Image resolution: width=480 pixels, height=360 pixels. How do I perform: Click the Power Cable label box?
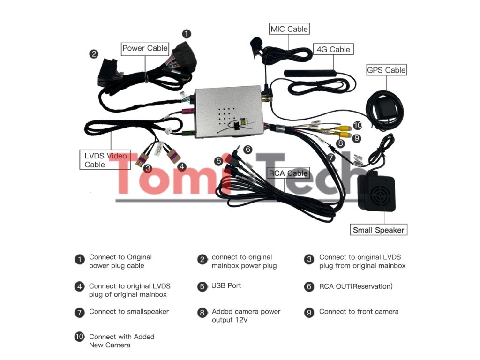145,48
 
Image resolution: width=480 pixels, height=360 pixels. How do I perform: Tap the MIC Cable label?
289,29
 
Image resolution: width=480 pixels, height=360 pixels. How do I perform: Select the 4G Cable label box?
333,49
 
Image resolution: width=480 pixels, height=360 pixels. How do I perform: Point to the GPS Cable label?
386,70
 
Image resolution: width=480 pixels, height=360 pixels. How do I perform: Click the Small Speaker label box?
378,230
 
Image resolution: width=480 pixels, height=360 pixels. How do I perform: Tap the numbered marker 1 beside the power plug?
187,34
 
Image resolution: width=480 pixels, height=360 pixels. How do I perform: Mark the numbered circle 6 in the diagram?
248,150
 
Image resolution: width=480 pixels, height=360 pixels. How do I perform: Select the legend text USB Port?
226,285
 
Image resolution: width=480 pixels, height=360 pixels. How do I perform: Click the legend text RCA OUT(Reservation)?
356,286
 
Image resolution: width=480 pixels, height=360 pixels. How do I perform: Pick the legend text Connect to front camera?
359,312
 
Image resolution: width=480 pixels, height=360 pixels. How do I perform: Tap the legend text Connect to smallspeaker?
129,312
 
